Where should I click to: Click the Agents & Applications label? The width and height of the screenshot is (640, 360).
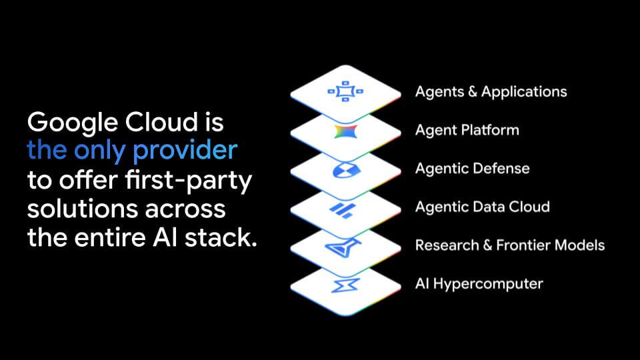click(x=491, y=91)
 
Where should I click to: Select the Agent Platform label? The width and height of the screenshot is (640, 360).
click(x=467, y=129)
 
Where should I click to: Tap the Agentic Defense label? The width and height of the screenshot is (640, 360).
click(x=472, y=168)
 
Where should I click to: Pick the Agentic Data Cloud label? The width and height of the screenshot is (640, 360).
click(x=482, y=207)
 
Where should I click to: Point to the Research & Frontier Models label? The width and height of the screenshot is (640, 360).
click(x=509, y=245)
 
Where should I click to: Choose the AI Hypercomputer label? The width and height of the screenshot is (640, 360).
click(x=479, y=283)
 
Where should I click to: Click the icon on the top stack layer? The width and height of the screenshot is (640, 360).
click(x=345, y=91)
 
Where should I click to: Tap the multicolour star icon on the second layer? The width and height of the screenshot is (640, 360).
click(x=345, y=131)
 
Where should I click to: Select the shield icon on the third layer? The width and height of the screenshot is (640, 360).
click(x=345, y=170)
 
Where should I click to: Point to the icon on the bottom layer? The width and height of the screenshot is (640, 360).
click(x=345, y=285)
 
